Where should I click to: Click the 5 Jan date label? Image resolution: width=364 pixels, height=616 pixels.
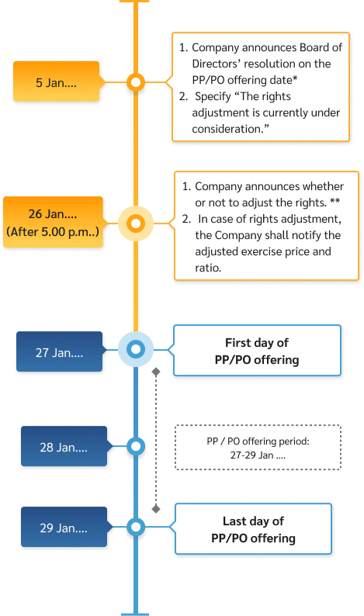pyautogui.click(x=56, y=82)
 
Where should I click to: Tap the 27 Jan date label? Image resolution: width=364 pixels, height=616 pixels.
pyautogui.click(x=59, y=351)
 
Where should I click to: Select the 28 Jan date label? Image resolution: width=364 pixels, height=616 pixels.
pyautogui.click(x=64, y=446)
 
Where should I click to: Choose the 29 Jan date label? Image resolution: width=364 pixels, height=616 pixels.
pyautogui.click(x=64, y=528)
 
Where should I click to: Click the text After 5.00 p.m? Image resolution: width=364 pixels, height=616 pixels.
pyautogui.click(x=53, y=232)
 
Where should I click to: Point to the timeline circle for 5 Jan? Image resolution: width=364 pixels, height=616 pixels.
pyautogui.click(x=136, y=82)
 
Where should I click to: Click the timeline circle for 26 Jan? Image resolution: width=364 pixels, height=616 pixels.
pyautogui.click(x=136, y=223)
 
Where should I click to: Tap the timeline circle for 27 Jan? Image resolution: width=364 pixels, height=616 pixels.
pyautogui.click(x=136, y=349)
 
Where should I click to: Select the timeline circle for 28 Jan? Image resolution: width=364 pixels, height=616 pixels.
pyautogui.click(x=136, y=446)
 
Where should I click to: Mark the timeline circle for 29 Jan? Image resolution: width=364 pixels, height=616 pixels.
pyautogui.click(x=136, y=527)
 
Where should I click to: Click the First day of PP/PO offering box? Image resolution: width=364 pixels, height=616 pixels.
pyautogui.click(x=257, y=351)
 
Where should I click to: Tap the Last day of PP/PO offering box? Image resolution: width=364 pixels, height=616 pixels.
pyautogui.click(x=254, y=529)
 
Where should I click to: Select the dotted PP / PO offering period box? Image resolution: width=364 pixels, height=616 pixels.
pyautogui.click(x=258, y=447)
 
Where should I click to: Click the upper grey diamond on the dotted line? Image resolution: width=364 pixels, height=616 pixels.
pyautogui.click(x=156, y=372)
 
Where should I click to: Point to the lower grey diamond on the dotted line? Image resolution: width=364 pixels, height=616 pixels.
pyautogui.click(x=156, y=509)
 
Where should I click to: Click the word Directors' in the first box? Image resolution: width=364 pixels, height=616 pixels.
pyautogui.click(x=216, y=64)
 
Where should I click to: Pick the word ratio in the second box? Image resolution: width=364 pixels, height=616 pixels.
pyautogui.click(x=207, y=268)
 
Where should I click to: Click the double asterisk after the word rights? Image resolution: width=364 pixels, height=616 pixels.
pyautogui.click(x=335, y=201)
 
